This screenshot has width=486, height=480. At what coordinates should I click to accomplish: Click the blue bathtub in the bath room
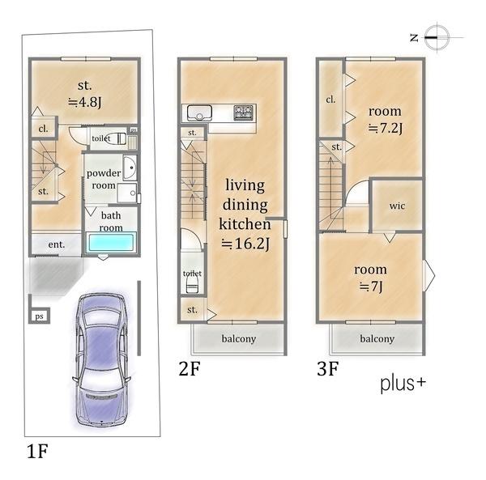click(111, 243)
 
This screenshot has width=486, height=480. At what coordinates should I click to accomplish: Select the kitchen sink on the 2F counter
click(199, 113)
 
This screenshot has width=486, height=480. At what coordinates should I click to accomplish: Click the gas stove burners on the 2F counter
click(243, 113)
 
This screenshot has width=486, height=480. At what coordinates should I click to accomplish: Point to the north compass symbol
click(437, 37)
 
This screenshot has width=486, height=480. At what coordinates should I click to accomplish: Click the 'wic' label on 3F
click(397, 206)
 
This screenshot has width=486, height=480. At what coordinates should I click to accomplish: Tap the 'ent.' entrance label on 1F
click(57, 244)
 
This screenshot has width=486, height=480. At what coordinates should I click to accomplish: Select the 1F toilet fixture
click(118, 138)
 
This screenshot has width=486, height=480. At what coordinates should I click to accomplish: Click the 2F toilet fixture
click(192, 284)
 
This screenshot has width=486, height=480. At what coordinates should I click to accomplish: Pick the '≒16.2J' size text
click(245, 244)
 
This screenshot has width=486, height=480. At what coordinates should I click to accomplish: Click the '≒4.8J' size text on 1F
click(84, 101)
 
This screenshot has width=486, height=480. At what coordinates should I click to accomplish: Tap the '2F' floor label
click(190, 368)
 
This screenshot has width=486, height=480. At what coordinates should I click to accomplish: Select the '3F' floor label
click(327, 368)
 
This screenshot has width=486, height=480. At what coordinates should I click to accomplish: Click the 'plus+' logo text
click(403, 384)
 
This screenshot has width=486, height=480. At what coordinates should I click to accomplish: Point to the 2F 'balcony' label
click(239, 339)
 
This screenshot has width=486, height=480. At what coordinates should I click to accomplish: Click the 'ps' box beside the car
click(40, 316)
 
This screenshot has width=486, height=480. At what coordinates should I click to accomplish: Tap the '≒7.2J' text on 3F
click(386, 128)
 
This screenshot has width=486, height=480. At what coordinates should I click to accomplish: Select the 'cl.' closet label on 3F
click(330, 100)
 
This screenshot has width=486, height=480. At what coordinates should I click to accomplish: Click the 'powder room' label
click(104, 179)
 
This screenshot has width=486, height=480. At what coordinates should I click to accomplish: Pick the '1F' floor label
click(37, 451)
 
